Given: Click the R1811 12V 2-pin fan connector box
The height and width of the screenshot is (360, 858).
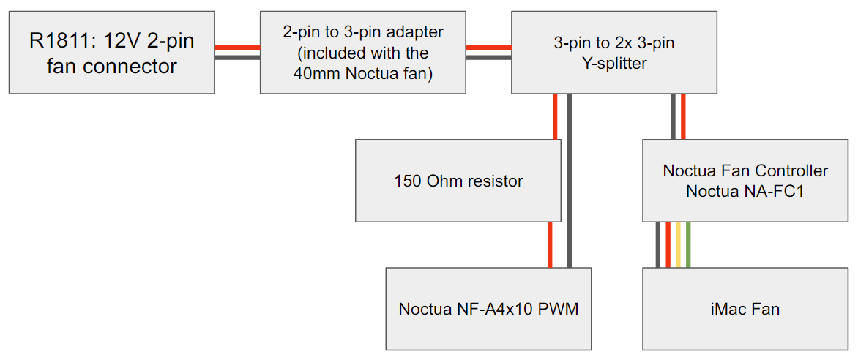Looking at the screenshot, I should tap(111, 52).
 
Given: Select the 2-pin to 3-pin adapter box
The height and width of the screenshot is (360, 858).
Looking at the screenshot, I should tap(362, 52).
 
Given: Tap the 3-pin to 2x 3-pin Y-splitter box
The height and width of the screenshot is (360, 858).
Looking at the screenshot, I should tap(613, 52).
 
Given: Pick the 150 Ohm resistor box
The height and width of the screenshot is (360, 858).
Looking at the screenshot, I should tap(458, 181).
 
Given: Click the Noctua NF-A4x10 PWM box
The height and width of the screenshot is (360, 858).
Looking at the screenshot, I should tap(488, 309).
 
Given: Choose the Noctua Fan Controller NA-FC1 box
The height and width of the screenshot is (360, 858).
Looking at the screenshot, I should tap(745, 181).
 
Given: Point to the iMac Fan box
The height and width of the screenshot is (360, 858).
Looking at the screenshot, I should tap(745, 309).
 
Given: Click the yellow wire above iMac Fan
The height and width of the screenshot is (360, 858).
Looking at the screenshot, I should tap(678, 244).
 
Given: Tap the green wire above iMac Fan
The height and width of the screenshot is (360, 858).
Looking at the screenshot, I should tap(688, 244).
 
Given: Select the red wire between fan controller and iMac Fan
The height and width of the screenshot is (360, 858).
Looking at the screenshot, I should tap(668, 244).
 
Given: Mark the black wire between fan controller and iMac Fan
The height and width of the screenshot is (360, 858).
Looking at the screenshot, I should tap(658, 244).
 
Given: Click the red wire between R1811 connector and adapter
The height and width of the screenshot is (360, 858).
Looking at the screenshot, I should tap(237, 48).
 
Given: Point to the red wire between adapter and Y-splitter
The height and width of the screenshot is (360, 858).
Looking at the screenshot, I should tap(488, 48).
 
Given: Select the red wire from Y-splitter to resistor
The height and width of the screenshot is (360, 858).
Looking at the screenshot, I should tap(556, 116).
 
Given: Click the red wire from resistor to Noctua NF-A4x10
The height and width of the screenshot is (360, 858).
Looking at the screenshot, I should tap(550, 244).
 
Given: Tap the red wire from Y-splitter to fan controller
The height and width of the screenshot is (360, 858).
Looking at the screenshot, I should tap(682, 116).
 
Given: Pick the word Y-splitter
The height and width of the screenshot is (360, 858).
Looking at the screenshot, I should tap(613, 63).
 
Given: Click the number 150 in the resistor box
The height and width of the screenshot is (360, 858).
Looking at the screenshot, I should tap(407, 181).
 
